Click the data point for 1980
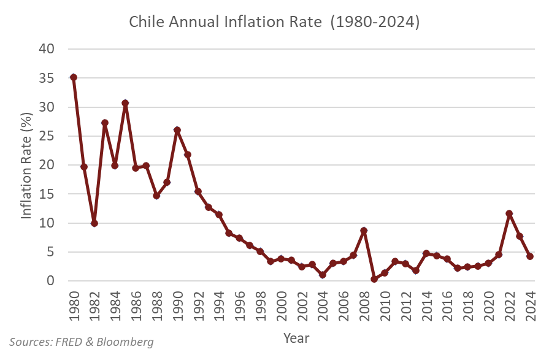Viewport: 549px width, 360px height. (x=74, y=77)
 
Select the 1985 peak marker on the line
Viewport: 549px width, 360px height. (x=125, y=103)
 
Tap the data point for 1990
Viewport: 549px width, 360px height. (x=177, y=130)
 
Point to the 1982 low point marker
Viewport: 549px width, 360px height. (x=94, y=223)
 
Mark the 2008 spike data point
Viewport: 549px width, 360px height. (x=364, y=231)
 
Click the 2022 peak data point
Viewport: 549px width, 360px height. (x=509, y=213)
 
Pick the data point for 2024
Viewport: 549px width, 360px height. (x=530, y=256)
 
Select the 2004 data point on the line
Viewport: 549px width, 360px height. (x=323, y=275)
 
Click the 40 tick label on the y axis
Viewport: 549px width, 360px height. (x=47, y=49)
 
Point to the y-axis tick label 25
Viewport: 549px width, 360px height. (x=47, y=136)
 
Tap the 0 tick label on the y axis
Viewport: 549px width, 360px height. (x=52, y=281)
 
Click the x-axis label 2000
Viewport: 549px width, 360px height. (x=282, y=304)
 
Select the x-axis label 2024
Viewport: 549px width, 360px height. (x=531, y=304)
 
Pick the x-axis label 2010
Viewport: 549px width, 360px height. (x=385, y=304)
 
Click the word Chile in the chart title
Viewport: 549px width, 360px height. (x=146, y=22)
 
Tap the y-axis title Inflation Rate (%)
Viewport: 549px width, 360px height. (x=27, y=165)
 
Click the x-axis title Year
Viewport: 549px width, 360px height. (x=296, y=338)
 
